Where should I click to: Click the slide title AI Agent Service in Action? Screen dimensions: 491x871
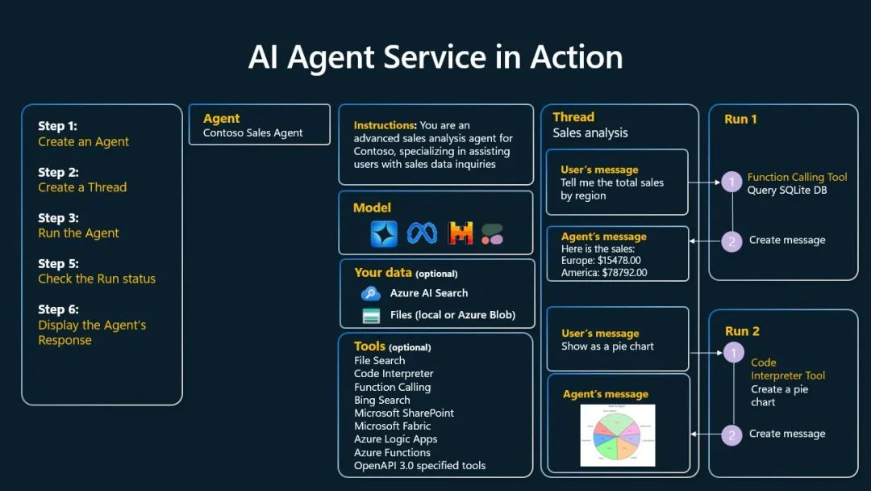coord(435,57)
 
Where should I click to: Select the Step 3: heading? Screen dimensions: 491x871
coord(58,218)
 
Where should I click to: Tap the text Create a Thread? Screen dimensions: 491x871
coord(82,187)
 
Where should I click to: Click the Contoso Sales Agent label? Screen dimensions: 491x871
coord(252,132)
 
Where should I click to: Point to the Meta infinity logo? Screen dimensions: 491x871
coord(422,233)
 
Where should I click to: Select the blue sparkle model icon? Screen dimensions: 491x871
coord(384,233)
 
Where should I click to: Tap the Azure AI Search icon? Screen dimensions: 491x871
coord(371,293)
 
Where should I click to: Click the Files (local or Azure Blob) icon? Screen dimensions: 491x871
coord(371,315)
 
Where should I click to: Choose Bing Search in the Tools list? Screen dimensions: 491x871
coord(381,400)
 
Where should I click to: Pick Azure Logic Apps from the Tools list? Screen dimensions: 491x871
coord(395,439)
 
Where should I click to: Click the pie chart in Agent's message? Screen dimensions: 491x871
coord(617,435)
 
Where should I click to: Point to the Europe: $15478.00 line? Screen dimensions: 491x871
coord(601,261)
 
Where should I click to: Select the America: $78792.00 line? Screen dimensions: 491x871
coord(604,273)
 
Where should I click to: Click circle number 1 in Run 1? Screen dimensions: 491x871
coord(731,183)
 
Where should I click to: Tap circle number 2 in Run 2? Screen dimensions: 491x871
coord(731,434)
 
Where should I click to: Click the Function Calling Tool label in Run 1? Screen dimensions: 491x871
coord(797,177)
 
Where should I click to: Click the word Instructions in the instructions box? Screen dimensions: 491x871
coord(385,125)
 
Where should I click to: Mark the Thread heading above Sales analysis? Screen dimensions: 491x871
coord(573,117)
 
